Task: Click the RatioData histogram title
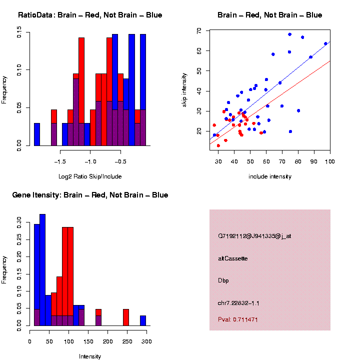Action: [90, 15]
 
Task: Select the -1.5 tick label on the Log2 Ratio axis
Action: [60, 162]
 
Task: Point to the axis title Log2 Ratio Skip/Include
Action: [90, 176]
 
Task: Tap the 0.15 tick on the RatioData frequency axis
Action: [19, 34]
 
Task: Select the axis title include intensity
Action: [270, 176]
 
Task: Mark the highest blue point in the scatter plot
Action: [289, 34]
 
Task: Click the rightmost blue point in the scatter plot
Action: [325, 43]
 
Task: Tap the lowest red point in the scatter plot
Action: [218, 145]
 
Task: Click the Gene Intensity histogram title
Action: [90, 194]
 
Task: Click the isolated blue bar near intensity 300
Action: [143, 320]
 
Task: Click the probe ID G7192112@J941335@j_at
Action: [254, 236]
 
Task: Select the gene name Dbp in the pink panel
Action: [223, 280]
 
